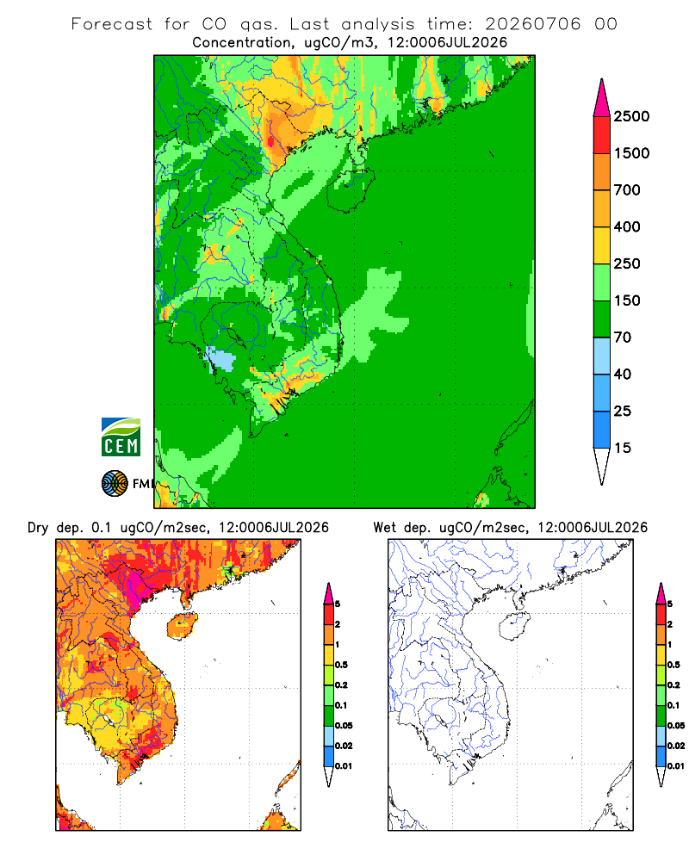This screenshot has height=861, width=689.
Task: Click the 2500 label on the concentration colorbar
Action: (631, 116)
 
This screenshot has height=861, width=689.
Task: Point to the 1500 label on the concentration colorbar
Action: (631, 153)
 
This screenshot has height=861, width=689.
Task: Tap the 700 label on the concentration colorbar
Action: (627, 190)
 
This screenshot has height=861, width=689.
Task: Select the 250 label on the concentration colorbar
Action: (627, 263)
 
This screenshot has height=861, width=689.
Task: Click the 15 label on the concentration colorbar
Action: (623, 448)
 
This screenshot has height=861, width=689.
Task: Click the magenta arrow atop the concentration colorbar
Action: (602, 98)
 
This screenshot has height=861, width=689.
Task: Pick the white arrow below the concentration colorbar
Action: (602, 466)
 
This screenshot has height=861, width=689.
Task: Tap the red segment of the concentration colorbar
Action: (602, 135)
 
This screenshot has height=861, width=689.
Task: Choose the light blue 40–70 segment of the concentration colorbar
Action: (602, 356)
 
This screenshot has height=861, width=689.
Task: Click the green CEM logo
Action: (121, 437)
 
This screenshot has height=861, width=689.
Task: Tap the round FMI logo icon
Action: (115, 484)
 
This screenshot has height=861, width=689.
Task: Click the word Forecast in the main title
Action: (112, 24)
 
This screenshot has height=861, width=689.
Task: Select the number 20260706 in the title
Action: (532, 24)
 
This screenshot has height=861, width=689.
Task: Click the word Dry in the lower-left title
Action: (38, 528)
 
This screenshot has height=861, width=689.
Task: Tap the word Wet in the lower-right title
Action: (384, 528)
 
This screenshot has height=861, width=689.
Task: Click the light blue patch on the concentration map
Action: (220, 358)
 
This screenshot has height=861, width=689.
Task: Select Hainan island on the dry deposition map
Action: (183, 625)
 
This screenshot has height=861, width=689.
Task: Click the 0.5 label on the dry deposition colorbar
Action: (341, 665)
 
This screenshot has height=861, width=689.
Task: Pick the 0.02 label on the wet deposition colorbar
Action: (676, 746)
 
